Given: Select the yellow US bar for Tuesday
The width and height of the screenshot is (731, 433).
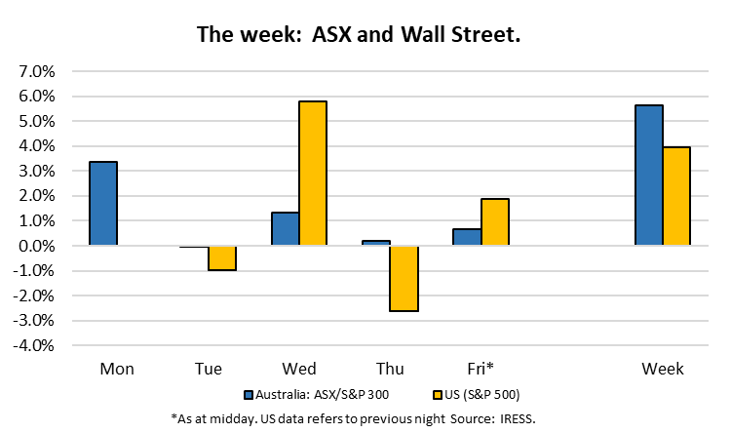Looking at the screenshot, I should point(222,257).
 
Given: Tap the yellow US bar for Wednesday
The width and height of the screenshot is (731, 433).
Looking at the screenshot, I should point(313,173).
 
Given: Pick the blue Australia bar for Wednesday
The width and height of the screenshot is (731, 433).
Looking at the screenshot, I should point(285,228).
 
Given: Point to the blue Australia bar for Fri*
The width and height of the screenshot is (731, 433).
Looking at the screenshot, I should point(467,237).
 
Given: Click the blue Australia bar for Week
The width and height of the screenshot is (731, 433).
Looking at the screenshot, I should point(648,175).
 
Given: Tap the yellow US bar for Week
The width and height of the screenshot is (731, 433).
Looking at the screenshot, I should point(676,196).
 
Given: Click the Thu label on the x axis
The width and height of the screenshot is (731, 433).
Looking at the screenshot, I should point(390,369).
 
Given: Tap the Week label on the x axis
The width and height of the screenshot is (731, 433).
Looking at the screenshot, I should point(663,369).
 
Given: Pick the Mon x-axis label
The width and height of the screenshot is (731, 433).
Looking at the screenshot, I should point(117,369).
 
